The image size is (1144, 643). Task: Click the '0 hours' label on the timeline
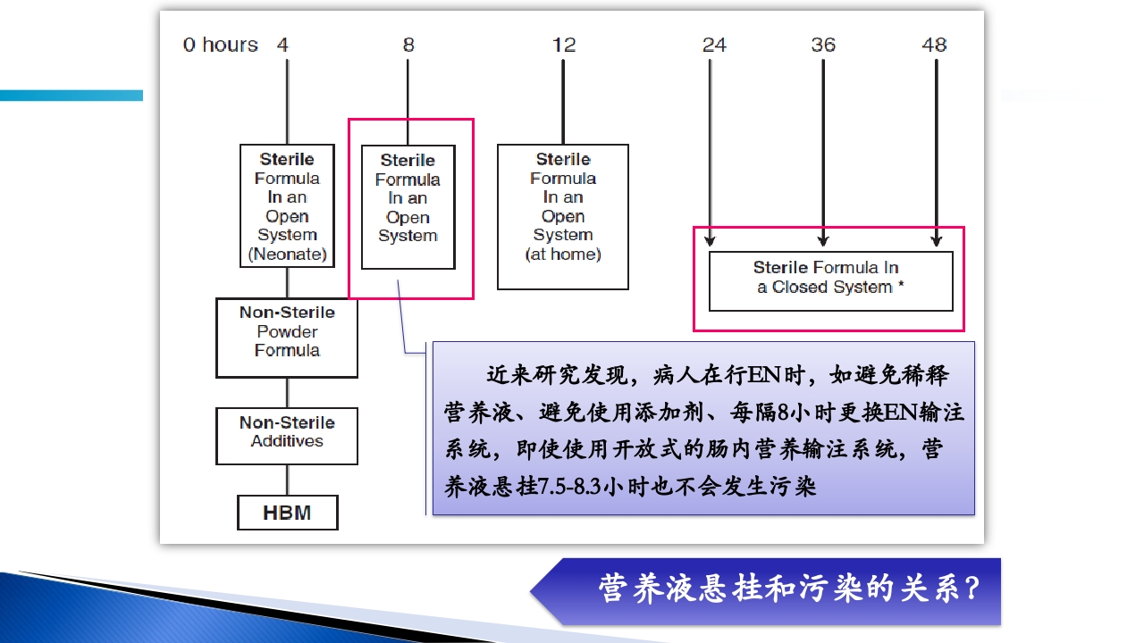220,45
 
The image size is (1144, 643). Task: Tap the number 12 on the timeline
564,45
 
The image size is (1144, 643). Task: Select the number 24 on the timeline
714,45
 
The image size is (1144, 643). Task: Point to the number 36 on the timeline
823,45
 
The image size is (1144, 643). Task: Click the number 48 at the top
934,45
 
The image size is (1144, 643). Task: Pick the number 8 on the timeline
408,45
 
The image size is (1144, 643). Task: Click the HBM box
287,513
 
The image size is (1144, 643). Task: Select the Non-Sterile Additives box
287,436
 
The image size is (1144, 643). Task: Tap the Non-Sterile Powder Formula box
287,338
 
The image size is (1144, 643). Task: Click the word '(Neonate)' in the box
287,255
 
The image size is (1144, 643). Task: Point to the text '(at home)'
563,255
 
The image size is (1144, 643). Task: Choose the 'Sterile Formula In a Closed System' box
830,280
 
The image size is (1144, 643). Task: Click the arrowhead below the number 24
710,239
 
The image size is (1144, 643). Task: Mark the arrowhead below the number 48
936,239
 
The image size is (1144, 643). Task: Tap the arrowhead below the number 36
823,239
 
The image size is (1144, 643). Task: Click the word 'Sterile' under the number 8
408,161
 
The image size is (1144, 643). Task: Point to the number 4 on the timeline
282,45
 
